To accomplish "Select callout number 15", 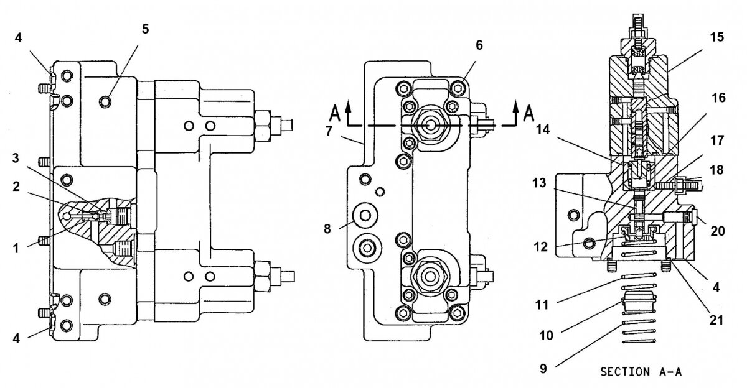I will pyautogui.click(x=716, y=37).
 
